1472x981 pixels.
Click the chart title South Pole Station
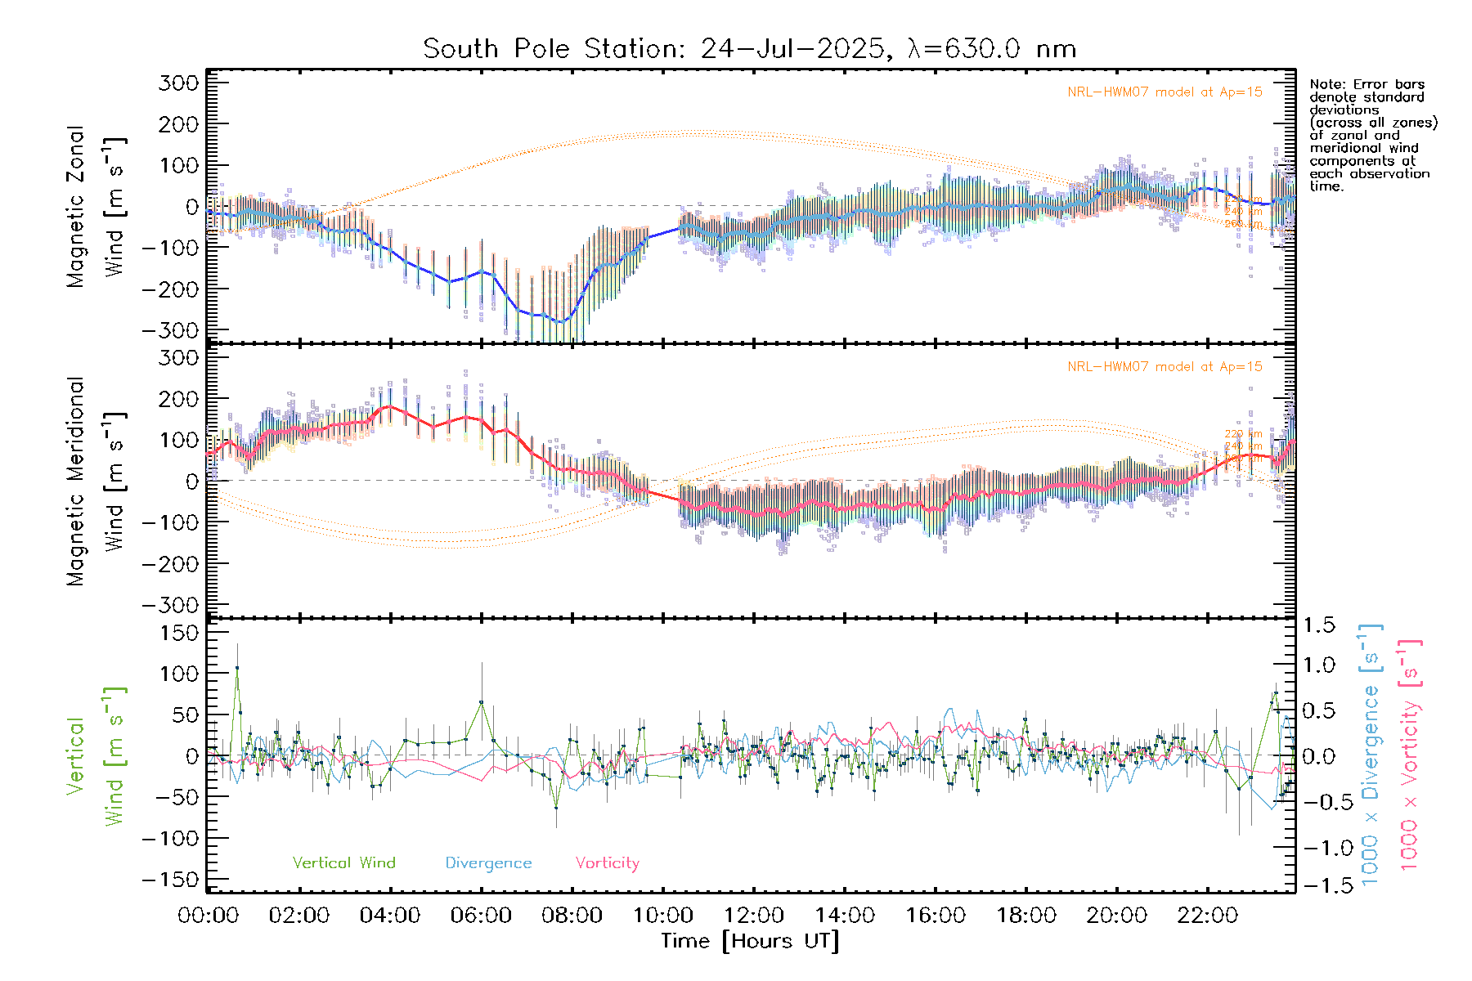(748, 49)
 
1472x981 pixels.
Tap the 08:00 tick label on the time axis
(572, 916)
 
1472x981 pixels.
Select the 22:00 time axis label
(1207, 916)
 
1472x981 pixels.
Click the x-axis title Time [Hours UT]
(750, 941)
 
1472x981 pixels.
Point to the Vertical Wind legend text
(343, 862)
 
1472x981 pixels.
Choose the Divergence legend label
(488, 862)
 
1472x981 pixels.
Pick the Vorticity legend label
(607, 862)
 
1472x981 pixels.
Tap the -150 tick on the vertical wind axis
(170, 880)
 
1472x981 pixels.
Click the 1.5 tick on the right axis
(1318, 625)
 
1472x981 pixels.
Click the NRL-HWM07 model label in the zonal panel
(1165, 92)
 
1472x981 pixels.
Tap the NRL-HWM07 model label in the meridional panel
(1165, 367)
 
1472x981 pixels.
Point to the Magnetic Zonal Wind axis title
(96, 206)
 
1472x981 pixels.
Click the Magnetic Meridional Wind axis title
(96, 482)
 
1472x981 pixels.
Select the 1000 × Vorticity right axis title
(1409, 754)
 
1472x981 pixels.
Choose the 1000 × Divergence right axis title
(1371, 754)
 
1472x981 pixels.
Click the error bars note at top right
(1372, 135)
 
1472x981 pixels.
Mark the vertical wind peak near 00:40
(237, 667)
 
